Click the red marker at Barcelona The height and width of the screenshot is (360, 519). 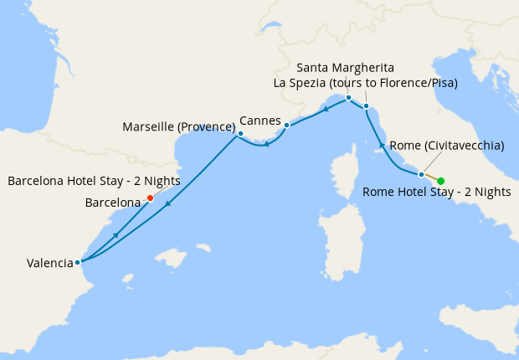pyautogui.click(x=150, y=198)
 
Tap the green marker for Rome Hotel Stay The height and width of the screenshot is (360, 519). pyautogui.click(x=440, y=181)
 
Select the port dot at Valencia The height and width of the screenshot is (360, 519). pyautogui.click(x=77, y=262)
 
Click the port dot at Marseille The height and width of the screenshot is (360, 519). pyautogui.click(x=240, y=133)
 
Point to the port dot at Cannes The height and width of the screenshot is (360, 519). pyautogui.click(x=286, y=126)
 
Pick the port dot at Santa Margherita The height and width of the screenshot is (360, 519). pyautogui.click(x=348, y=98)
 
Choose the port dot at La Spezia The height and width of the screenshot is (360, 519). pyautogui.click(x=367, y=105)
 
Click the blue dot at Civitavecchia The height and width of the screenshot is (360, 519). pyautogui.click(x=421, y=174)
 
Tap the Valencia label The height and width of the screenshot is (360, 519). pyautogui.click(x=49, y=263)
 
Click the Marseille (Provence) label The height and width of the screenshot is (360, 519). pyautogui.click(x=179, y=127)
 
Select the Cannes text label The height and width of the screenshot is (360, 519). pyautogui.click(x=259, y=121)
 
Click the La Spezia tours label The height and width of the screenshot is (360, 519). pyautogui.click(x=377, y=82)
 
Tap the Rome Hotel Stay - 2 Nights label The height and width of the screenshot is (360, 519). pyautogui.click(x=436, y=193)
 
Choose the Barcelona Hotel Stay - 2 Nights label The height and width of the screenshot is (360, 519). pyautogui.click(x=93, y=181)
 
